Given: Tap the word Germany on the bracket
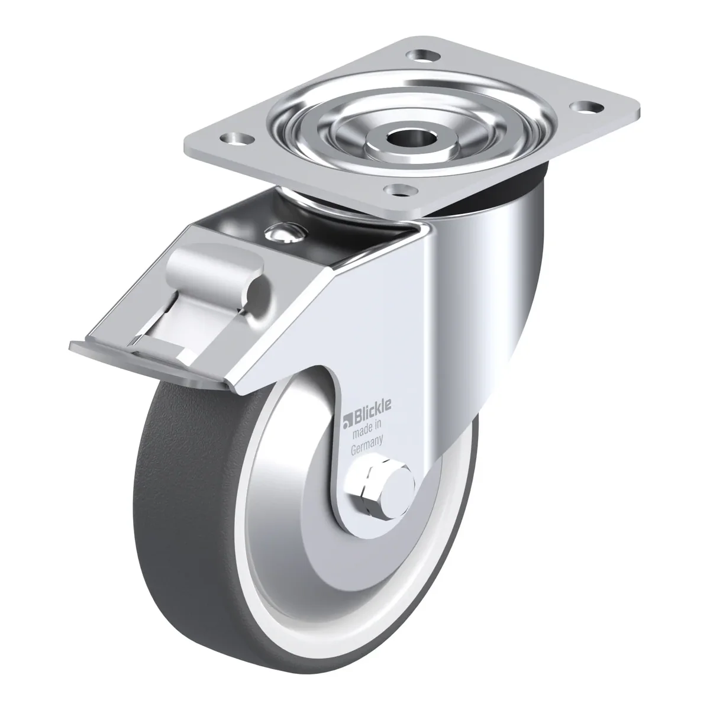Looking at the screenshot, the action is (x=367, y=446).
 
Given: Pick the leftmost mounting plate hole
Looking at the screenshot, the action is (x=237, y=140).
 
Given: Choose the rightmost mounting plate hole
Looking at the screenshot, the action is (x=586, y=107).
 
